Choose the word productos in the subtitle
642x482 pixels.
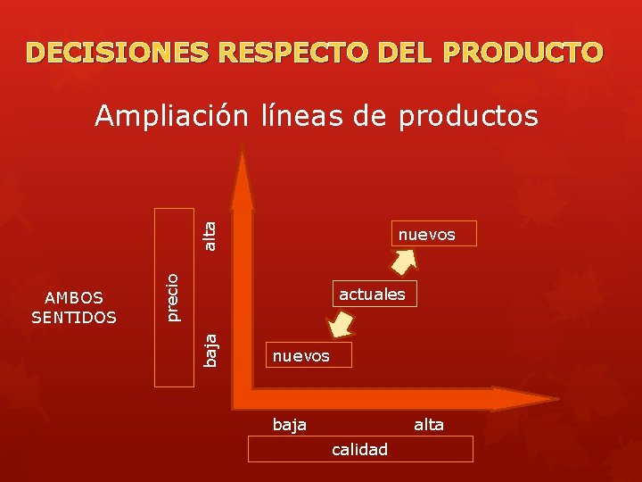(x=468, y=117)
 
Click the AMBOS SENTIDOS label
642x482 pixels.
(x=73, y=307)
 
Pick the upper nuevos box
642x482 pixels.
(x=426, y=234)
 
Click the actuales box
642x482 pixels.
(x=372, y=294)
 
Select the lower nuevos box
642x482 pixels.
(x=300, y=356)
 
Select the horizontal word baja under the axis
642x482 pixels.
(x=290, y=425)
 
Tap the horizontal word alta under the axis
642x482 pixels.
(x=429, y=425)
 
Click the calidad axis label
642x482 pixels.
(x=359, y=449)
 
